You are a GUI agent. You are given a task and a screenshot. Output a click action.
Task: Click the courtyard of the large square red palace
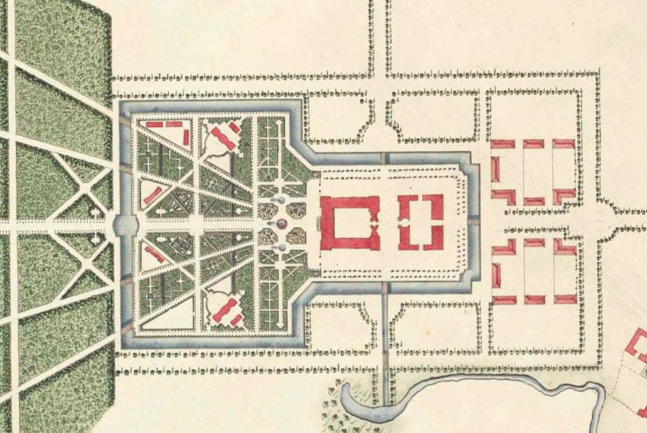tap(350, 223)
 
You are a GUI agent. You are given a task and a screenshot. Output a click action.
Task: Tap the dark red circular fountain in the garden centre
tap(282, 224)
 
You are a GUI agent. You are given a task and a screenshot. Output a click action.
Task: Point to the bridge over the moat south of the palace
tap(385, 287)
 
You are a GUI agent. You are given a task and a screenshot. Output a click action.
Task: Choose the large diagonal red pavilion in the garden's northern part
tap(223, 139)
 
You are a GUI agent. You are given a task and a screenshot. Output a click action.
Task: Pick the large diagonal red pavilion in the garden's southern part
tap(223, 310)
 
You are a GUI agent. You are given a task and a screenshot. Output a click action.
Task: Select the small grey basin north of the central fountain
tap(281, 200)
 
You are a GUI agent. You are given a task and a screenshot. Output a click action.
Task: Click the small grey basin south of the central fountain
tap(282, 248)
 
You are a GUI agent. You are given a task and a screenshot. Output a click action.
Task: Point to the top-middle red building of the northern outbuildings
tap(533, 144)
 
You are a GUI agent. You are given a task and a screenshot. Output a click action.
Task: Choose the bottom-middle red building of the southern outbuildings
tap(533, 299)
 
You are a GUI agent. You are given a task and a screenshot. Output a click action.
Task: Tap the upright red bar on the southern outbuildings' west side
tap(495, 275)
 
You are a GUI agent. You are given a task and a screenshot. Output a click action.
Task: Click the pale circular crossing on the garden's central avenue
tap(196, 223)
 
